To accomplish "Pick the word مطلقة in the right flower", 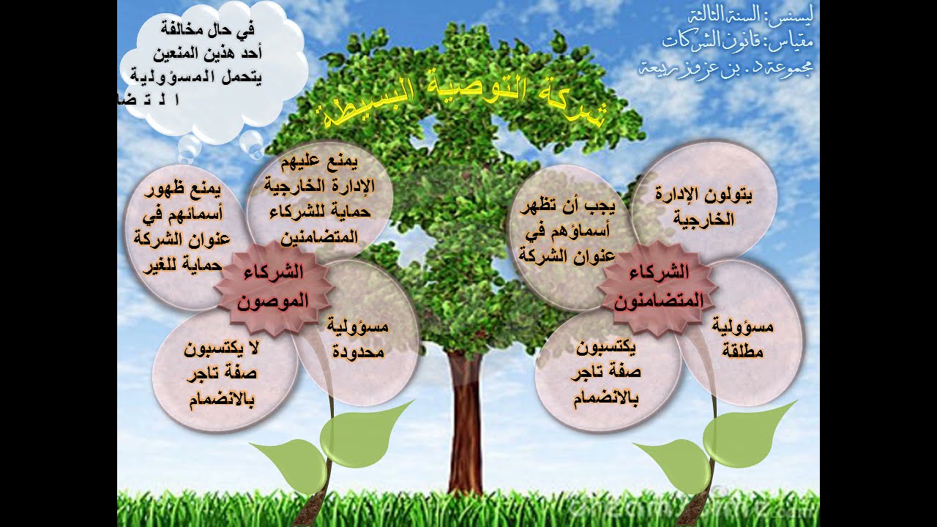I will pos(742,351).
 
